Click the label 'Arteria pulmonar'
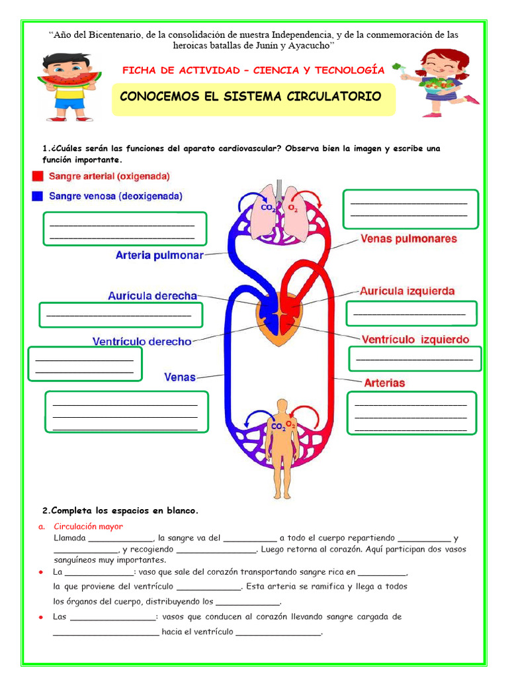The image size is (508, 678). (159, 254)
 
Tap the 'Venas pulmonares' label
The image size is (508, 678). (408, 238)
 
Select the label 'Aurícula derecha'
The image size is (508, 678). (152, 296)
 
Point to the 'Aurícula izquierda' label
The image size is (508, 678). (407, 291)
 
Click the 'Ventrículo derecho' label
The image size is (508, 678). (142, 342)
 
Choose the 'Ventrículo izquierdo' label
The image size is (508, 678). (415, 340)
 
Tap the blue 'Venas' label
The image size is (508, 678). (180, 377)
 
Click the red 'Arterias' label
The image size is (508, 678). (384, 383)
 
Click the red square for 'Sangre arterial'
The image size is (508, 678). (37, 176)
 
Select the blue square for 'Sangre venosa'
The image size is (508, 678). (37, 196)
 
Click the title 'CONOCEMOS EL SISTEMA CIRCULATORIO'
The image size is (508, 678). (251, 97)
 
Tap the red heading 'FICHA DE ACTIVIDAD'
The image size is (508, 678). (253, 70)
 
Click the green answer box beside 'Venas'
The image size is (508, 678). (126, 411)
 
